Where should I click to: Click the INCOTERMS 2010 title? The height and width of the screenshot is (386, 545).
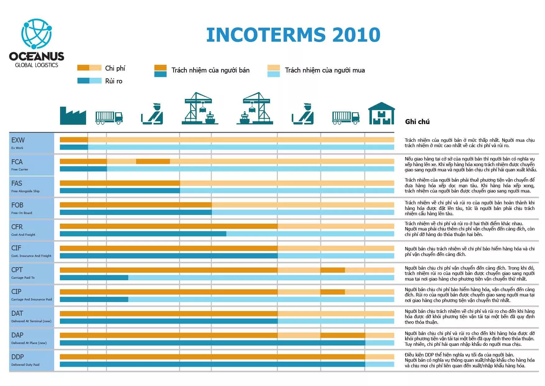click(x=293, y=35)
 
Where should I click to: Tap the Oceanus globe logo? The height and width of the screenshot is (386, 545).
click(x=36, y=34)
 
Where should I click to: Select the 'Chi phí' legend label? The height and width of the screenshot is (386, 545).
click(x=115, y=68)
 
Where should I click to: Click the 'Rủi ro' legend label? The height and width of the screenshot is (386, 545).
click(x=114, y=81)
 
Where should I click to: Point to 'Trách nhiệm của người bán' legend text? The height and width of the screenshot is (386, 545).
click(x=210, y=70)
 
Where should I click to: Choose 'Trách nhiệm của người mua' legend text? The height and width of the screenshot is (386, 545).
click(x=325, y=70)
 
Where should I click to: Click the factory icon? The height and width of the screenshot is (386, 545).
click(x=73, y=116)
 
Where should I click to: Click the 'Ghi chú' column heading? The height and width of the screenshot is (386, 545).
click(x=417, y=122)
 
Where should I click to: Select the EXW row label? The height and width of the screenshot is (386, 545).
click(x=18, y=140)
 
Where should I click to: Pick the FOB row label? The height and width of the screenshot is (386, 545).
click(x=17, y=205)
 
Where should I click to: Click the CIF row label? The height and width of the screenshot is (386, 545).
click(x=16, y=248)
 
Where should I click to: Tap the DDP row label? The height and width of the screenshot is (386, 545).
click(x=17, y=357)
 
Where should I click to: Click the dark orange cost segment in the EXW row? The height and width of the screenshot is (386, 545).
click(x=74, y=140)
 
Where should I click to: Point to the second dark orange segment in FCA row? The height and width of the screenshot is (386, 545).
click(x=153, y=161)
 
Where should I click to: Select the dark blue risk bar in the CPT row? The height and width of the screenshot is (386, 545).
click(x=94, y=278)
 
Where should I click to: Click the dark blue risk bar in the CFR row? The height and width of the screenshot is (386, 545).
click(x=143, y=234)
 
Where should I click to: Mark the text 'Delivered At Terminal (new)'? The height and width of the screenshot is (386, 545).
click(x=31, y=321)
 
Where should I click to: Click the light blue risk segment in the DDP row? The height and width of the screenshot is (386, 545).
click(x=380, y=364)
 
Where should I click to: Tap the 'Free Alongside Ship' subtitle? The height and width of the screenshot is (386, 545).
click(x=25, y=191)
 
